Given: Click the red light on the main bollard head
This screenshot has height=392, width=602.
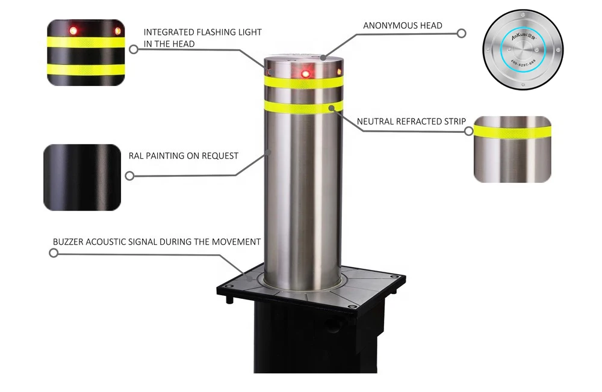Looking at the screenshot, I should pyautogui.click(x=305, y=73).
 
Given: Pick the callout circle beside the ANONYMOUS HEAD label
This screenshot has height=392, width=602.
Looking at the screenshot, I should pyautogui.click(x=462, y=33).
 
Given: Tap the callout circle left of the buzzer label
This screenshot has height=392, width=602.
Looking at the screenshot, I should pyautogui.click(x=54, y=253).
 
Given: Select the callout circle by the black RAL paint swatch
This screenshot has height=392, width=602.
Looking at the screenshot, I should pyautogui.click(x=129, y=176).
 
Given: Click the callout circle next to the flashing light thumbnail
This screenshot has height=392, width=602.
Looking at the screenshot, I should pyautogui.click(x=134, y=50).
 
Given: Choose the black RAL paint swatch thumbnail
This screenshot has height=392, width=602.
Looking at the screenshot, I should pyautogui.click(x=82, y=177).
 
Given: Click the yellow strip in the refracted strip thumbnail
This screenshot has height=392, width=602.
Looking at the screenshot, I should pyautogui.click(x=512, y=131).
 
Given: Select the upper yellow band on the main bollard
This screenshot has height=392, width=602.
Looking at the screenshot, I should pyautogui.click(x=302, y=82).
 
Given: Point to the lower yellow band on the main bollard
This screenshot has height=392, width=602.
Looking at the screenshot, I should pyautogui.click(x=302, y=107).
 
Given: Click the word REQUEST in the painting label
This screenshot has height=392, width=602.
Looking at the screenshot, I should pyautogui.click(x=220, y=156).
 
